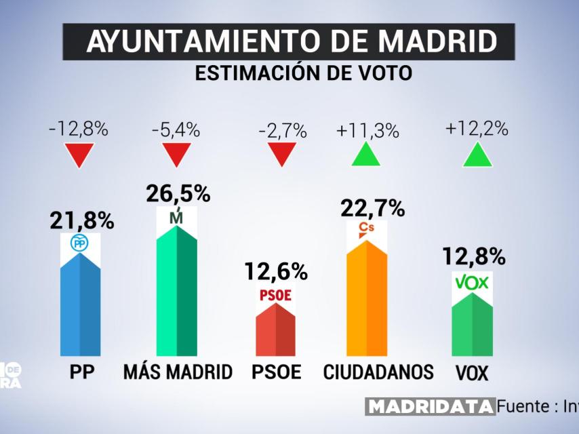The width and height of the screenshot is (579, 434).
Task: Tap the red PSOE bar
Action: (275, 329)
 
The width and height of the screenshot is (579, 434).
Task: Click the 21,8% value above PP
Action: (81, 220)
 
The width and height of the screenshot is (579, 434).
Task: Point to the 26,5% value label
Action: (178, 194)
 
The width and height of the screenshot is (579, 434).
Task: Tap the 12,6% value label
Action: (275, 273)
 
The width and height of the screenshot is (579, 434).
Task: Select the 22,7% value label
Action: (372, 208)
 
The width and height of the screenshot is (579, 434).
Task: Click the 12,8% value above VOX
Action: (473, 257)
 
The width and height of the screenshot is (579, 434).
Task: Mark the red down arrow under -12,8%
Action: (79, 155)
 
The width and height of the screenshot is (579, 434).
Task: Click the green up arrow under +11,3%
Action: (367, 155)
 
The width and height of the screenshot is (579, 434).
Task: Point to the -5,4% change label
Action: (176, 130)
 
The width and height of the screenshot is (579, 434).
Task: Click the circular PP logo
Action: (80, 243)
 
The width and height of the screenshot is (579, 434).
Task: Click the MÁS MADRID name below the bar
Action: (178, 372)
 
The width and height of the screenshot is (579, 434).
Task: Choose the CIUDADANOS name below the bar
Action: (378, 372)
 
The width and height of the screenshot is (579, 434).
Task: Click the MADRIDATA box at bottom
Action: (430, 407)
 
